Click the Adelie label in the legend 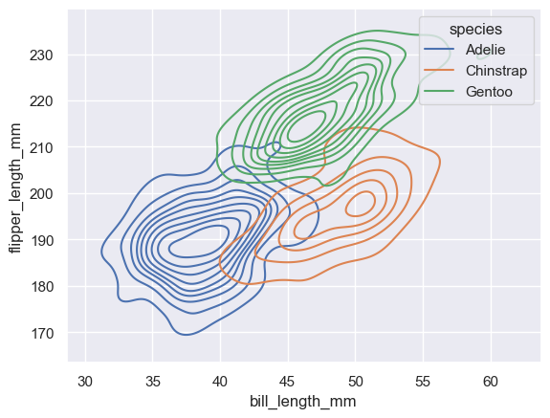[x=487, y=48]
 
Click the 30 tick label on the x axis [x=86, y=380]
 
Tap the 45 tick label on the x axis [x=288, y=380]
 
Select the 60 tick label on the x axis [x=490, y=380]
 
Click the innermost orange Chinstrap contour [x=362, y=203]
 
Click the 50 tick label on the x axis [x=355, y=380]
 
